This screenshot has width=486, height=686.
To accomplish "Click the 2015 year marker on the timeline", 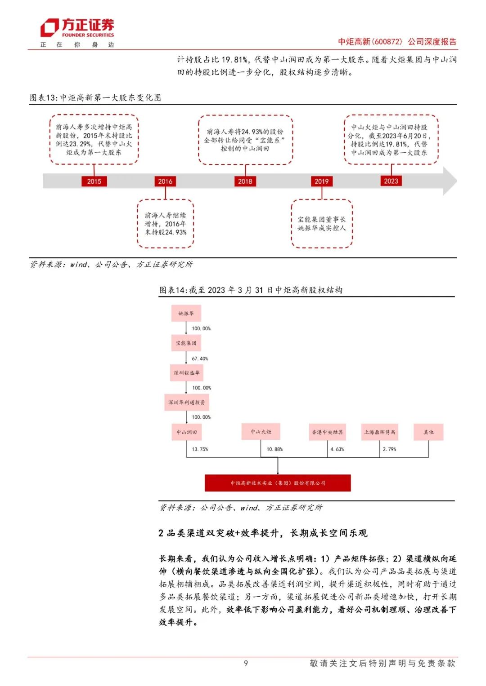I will tap(94, 181).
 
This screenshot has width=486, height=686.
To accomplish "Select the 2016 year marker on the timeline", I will tap(165, 181).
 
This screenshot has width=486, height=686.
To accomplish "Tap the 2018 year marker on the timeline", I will tap(245, 181).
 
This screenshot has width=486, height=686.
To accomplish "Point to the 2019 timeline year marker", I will tap(321, 181).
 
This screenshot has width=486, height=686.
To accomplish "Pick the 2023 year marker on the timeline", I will tap(391, 181).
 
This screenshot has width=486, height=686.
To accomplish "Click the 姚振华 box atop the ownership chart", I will tap(186, 313).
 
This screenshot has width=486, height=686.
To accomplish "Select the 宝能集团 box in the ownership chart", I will tap(186, 343).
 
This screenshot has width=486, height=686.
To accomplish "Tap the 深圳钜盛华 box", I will tap(186, 372).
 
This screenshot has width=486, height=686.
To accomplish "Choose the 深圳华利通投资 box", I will tap(186, 402).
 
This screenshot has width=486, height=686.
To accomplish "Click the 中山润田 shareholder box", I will tap(186, 432).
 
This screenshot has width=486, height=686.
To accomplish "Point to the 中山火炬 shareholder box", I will tap(261, 431).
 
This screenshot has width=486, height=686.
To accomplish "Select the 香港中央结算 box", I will tap(327, 432).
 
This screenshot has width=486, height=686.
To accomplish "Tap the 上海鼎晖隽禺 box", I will tap(380, 432).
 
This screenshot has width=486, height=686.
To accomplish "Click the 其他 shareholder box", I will tap(428, 432).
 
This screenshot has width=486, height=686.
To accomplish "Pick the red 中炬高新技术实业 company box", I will tap(278, 483).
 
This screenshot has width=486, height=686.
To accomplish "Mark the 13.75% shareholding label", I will tap(200, 449).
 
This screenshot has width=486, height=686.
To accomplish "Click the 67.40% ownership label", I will tap(200, 358).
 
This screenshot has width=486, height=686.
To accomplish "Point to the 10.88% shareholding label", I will tap(274, 449).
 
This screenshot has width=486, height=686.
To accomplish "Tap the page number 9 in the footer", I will tap(246, 663).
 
